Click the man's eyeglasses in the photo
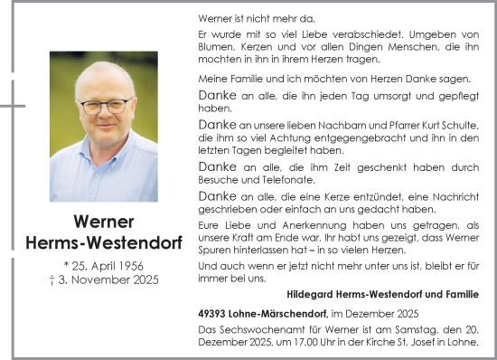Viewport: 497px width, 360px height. coord(105,106)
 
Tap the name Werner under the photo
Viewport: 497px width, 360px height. coord(103,222)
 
